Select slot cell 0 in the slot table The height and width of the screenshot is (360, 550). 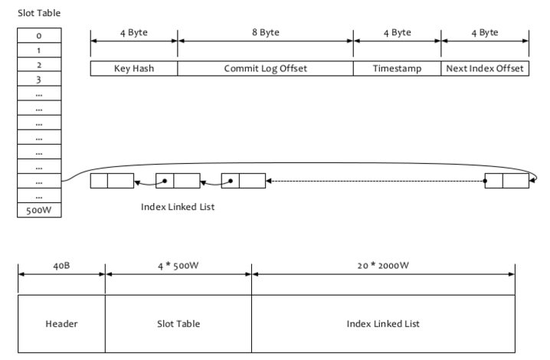(x=38, y=35)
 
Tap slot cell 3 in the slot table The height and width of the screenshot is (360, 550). (x=38, y=79)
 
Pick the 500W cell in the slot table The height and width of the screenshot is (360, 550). (x=38, y=210)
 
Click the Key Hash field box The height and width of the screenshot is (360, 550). (x=134, y=68)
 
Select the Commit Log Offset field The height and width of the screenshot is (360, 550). (x=265, y=68)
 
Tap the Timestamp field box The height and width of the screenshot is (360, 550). (x=397, y=68)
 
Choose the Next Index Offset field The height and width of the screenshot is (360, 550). (x=485, y=68)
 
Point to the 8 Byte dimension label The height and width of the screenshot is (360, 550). (x=265, y=33)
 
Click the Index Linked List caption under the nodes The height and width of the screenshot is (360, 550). (x=178, y=207)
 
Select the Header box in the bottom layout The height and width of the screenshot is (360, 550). (x=61, y=324)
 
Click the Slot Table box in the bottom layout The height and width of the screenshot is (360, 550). (x=178, y=324)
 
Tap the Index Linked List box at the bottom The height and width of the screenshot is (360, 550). (x=383, y=324)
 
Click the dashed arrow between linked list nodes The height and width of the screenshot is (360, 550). (x=375, y=182)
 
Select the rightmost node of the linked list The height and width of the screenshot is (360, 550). (x=506, y=182)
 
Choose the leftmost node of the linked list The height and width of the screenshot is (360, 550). (x=112, y=182)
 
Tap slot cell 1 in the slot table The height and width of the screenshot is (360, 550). (x=38, y=50)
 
